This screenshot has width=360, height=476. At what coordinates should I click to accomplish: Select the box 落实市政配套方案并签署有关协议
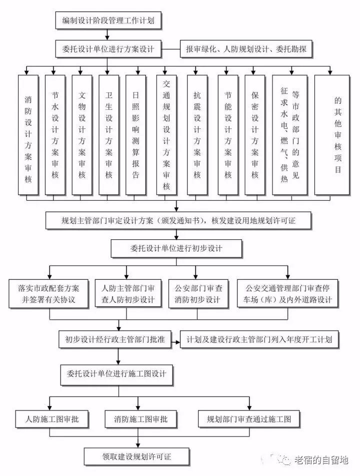(49, 294)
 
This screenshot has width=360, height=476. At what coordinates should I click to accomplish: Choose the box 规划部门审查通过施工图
(248, 419)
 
